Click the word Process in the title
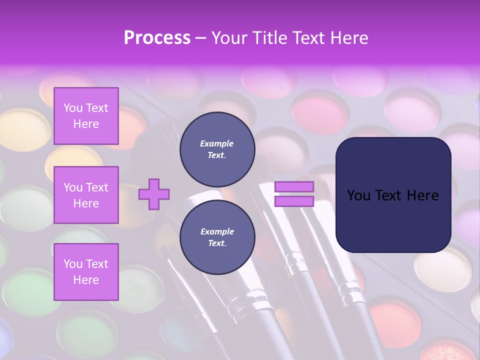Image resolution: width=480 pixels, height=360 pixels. point(157,38)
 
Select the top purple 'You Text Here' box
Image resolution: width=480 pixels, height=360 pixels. point(86,116)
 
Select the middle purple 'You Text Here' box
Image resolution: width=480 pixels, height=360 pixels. point(86,195)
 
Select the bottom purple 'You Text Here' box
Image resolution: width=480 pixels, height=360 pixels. point(86,272)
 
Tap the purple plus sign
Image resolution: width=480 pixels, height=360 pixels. point(154,194)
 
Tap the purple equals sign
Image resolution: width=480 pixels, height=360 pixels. point(294,194)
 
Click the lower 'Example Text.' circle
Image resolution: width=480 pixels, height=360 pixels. point(217,237)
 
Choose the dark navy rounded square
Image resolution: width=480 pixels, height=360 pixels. point(393,194)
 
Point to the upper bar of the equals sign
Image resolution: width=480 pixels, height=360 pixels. point(294,186)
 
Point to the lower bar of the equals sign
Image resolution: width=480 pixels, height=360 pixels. point(294,201)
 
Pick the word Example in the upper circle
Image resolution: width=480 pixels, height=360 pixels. point(217,144)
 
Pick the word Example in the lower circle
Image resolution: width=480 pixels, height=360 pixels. point(217,232)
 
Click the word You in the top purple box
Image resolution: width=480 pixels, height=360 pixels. point(73,108)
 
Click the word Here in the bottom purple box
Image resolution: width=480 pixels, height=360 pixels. point(86,280)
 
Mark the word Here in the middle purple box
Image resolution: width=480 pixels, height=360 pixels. point(86,203)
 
